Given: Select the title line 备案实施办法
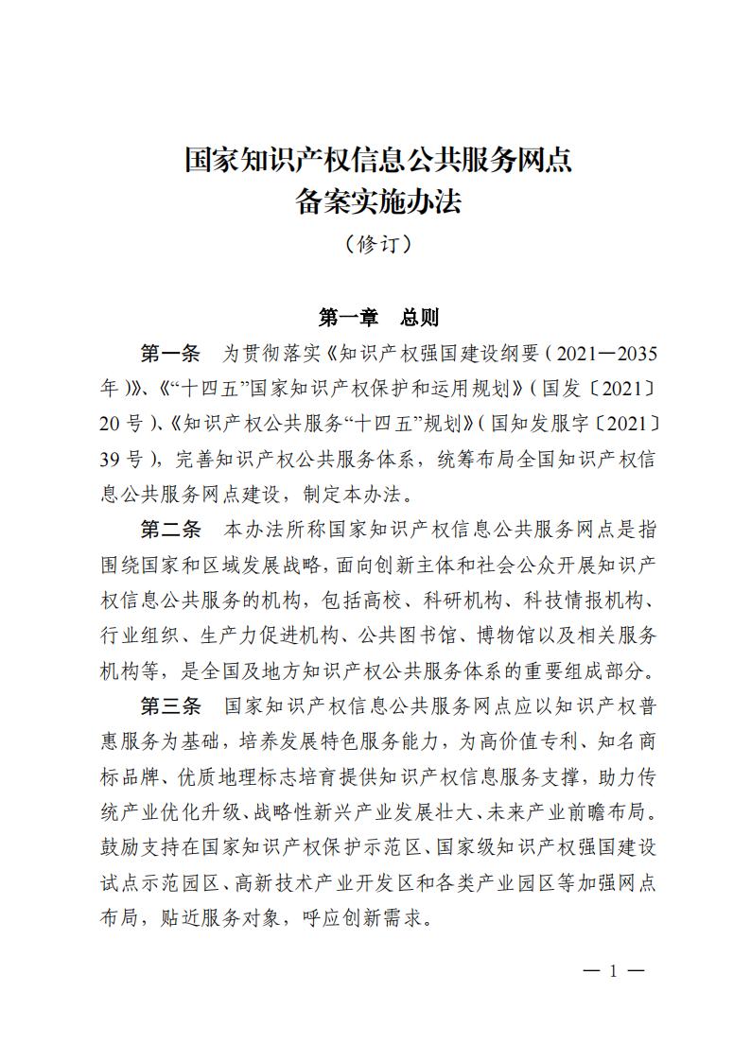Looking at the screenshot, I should pos(378,201).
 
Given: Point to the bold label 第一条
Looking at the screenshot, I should pos(170,354).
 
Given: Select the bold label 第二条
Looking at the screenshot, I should pos(170,530).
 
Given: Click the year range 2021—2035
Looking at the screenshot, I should pos(603,354).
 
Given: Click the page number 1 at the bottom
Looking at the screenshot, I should pos(613,970).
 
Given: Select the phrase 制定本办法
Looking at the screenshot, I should pos(355,494).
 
